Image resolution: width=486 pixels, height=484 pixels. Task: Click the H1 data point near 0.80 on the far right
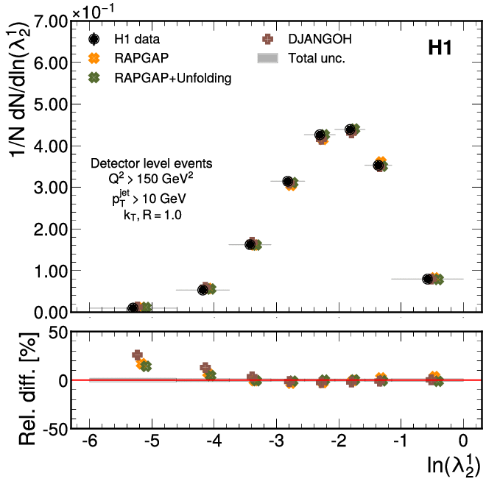click(428, 279)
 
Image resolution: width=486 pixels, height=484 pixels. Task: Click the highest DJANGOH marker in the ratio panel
click(137, 355)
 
